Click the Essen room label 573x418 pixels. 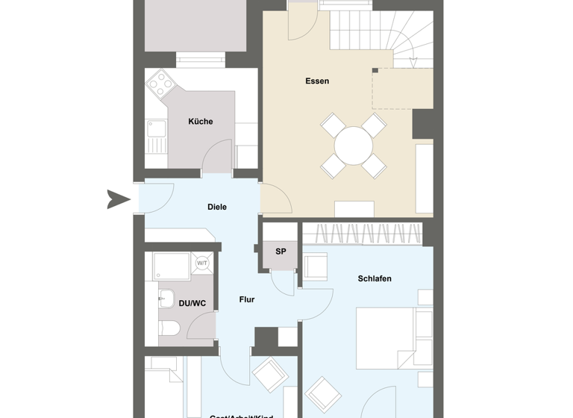click(317, 81)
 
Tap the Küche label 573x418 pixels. click(200, 122)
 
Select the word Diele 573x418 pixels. click(216, 208)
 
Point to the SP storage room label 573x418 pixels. click(281, 252)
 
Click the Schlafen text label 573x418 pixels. click(374, 279)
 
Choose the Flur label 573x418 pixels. click(246, 300)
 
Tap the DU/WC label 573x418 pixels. click(192, 304)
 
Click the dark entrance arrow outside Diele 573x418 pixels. click(118, 199)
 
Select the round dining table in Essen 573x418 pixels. click(354, 146)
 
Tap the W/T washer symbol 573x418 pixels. click(202, 263)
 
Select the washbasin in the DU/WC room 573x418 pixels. click(166, 299)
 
